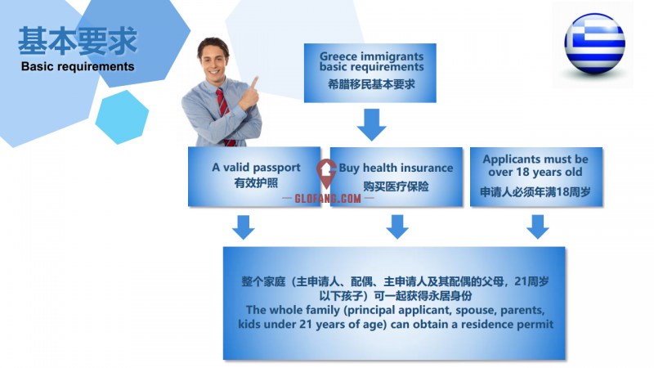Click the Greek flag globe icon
point(594,43)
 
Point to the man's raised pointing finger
point(254,83)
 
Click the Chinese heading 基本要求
point(78,40)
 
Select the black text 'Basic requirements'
point(78,67)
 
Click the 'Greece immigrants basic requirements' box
point(370,73)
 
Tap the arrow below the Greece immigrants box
point(371,125)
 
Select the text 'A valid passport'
point(256,168)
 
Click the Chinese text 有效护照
point(256,182)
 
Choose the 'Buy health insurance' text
point(396,168)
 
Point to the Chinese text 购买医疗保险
point(396,186)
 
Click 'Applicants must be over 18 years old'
point(535,166)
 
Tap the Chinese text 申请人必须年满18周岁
point(535,192)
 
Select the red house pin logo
point(326,173)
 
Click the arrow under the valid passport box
point(243,227)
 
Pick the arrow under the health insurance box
point(397,227)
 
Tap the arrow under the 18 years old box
point(538,227)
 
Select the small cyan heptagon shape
point(122,117)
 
